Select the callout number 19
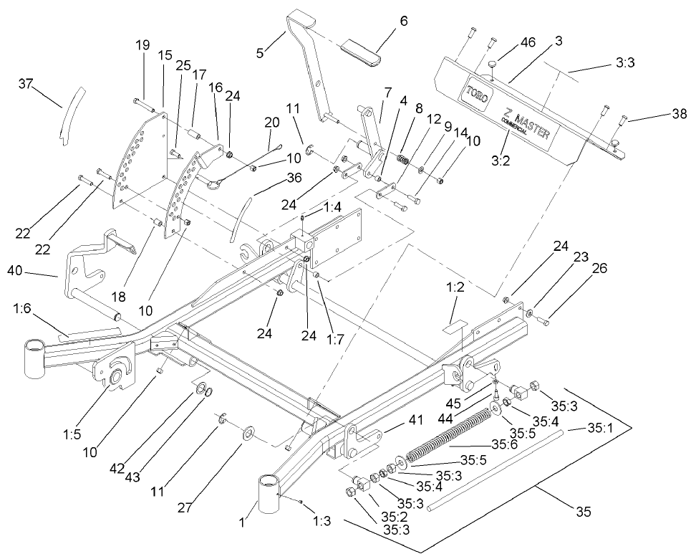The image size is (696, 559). click(142, 44)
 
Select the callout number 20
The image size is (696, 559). click(271, 123)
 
